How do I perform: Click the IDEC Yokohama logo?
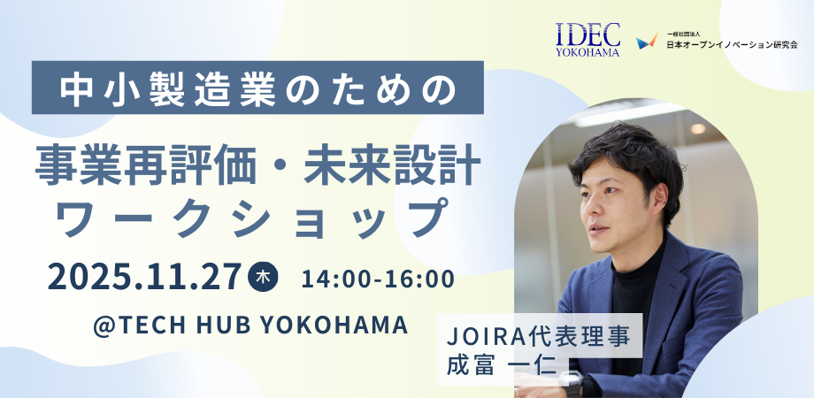coord(588,39)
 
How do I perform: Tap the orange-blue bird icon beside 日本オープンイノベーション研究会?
coord(648,41)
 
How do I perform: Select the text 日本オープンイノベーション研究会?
coord(732,44)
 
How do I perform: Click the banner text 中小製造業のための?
coord(257,88)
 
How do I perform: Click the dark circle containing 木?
coord(263,278)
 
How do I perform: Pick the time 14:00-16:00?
coord(378,279)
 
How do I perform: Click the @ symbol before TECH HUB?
coord(103,325)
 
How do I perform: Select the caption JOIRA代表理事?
coord(539,337)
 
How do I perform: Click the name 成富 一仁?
coord(502,364)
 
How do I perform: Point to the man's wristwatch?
coord(571,382)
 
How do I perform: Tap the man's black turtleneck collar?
coord(639,262)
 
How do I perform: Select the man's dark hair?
coord(626,158)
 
